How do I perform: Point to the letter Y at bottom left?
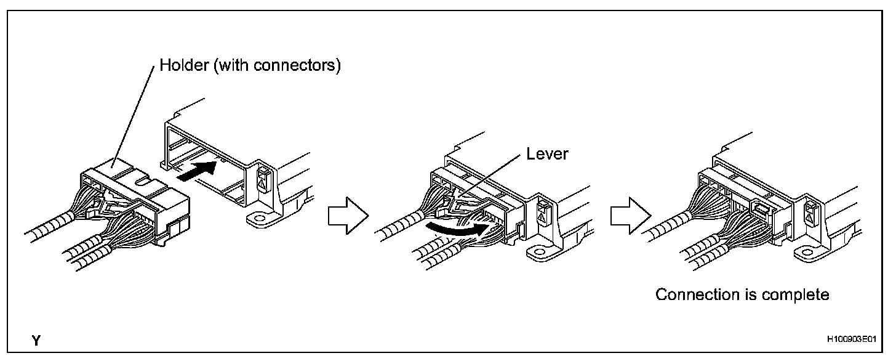coord(38,340)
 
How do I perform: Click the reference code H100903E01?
coord(852,340)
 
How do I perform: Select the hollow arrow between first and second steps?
coord(346,215)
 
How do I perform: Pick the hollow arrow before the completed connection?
coord(629,215)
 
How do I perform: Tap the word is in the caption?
coord(750,295)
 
